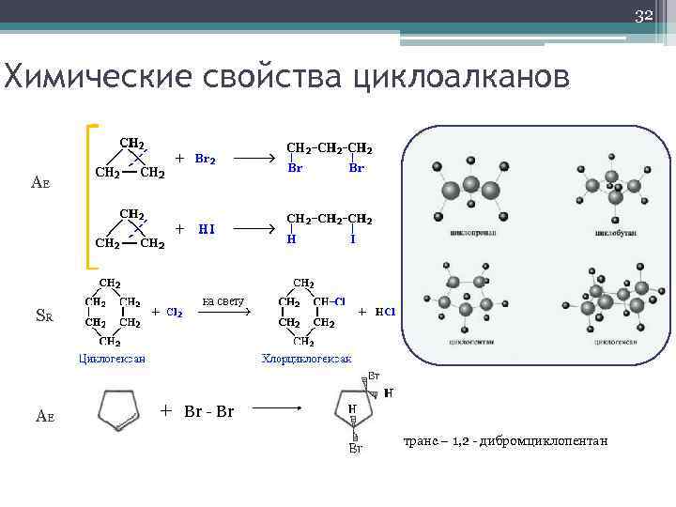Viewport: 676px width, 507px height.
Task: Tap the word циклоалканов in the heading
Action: (460, 77)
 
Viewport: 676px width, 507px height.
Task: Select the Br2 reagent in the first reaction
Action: (205, 159)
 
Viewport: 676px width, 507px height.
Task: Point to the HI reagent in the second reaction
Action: (206, 228)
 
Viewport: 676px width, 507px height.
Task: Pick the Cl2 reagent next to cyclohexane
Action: (175, 312)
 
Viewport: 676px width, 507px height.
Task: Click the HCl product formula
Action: (385, 312)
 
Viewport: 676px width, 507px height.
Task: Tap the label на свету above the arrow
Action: (223, 301)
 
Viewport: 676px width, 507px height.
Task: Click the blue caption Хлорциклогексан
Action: (306, 359)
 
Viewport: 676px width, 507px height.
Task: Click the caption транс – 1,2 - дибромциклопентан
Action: (506, 440)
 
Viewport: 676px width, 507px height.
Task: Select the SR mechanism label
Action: (43, 316)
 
